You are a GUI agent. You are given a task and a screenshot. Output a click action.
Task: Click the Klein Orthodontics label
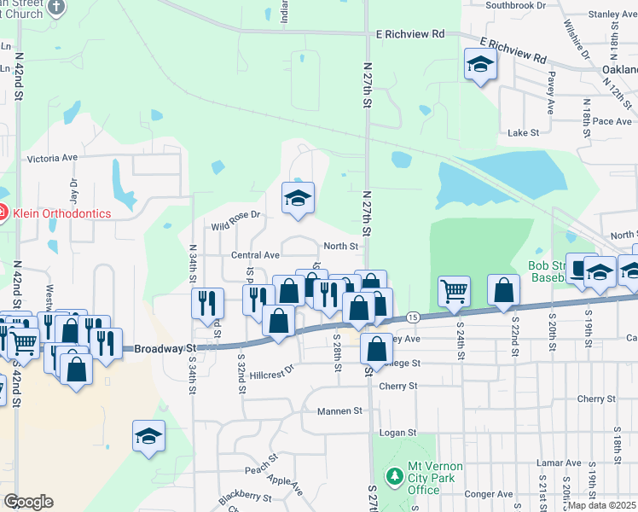[60, 212]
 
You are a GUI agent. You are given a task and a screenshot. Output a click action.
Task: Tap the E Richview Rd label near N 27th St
[410, 34]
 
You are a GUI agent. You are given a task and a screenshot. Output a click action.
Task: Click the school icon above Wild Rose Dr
[298, 198]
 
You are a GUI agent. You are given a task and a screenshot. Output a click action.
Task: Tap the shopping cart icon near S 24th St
[455, 292]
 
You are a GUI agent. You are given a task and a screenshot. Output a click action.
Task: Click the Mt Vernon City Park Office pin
[394, 474]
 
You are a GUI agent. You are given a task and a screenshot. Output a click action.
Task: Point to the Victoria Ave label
[52, 158]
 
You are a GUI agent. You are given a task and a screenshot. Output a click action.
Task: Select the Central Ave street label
[255, 255]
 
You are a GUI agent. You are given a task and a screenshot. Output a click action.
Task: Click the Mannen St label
[339, 410]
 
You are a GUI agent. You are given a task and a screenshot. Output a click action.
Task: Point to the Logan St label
[397, 433]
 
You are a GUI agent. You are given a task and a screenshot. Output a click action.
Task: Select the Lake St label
[524, 133]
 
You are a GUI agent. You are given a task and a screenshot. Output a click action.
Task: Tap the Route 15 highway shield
[412, 317]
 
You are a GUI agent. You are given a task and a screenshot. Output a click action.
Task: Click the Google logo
[28, 502]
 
